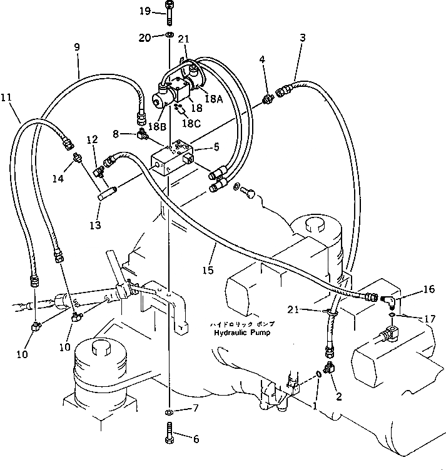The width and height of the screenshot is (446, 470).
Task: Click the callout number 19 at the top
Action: (x=144, y=11)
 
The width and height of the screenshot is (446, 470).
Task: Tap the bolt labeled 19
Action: (x=170, y=11)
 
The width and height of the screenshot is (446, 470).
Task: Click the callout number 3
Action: (x=302, y=37)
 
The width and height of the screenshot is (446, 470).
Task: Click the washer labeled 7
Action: (x=170, y=413)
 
